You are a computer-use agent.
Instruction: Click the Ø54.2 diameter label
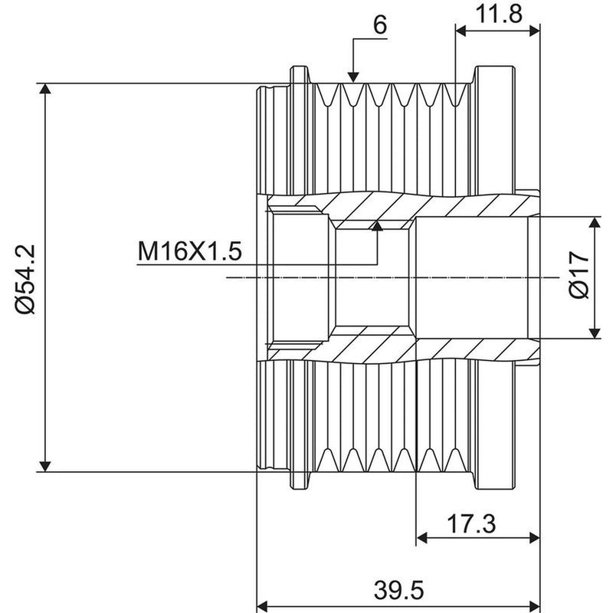point(26,279)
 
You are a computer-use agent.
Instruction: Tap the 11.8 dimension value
point(499,14)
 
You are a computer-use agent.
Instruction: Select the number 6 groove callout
point(380,25)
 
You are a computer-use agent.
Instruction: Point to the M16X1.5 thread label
point(189,251)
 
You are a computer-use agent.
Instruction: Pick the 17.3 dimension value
point(471,524)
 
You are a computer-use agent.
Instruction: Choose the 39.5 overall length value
point(398,590)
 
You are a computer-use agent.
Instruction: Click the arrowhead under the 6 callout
point(353,77)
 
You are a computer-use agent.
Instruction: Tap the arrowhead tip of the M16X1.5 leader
point(377,221)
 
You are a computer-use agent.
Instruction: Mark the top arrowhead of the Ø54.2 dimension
point(45,88)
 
